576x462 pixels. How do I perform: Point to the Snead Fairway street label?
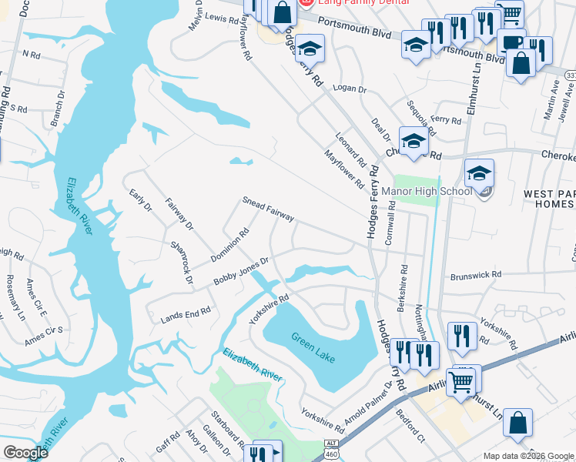coord(268,209)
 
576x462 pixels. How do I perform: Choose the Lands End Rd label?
coord(185,314)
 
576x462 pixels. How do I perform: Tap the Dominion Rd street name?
coord(235,242)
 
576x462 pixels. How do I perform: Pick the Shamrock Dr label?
coord(182,262)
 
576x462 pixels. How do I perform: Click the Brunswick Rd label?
coord(475,274)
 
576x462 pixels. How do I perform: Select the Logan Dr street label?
coord(351,89)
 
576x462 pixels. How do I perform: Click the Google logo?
coord(25,452)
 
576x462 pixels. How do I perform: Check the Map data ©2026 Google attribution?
coord(527,456)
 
